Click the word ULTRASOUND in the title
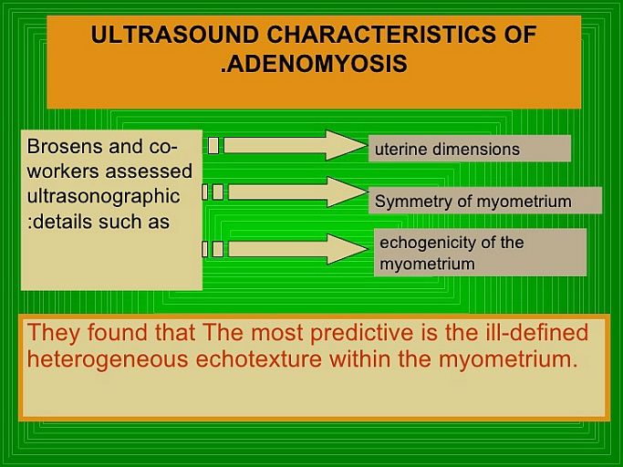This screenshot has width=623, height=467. [175, 34]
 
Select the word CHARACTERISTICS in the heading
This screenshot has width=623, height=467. [381, 34]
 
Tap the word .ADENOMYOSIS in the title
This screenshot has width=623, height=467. [315, 64]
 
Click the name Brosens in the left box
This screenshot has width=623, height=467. [65, 147]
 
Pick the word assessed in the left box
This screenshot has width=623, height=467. [148, 171]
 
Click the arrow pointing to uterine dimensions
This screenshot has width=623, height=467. [295, 145]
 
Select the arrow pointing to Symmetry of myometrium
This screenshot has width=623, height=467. [298, 192]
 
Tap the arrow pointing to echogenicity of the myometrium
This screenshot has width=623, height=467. [298, 249]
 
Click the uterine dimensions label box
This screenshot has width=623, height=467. [470, 149]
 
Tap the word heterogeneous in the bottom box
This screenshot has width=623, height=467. [108, 359]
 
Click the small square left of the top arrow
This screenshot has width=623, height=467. [213, 145]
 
